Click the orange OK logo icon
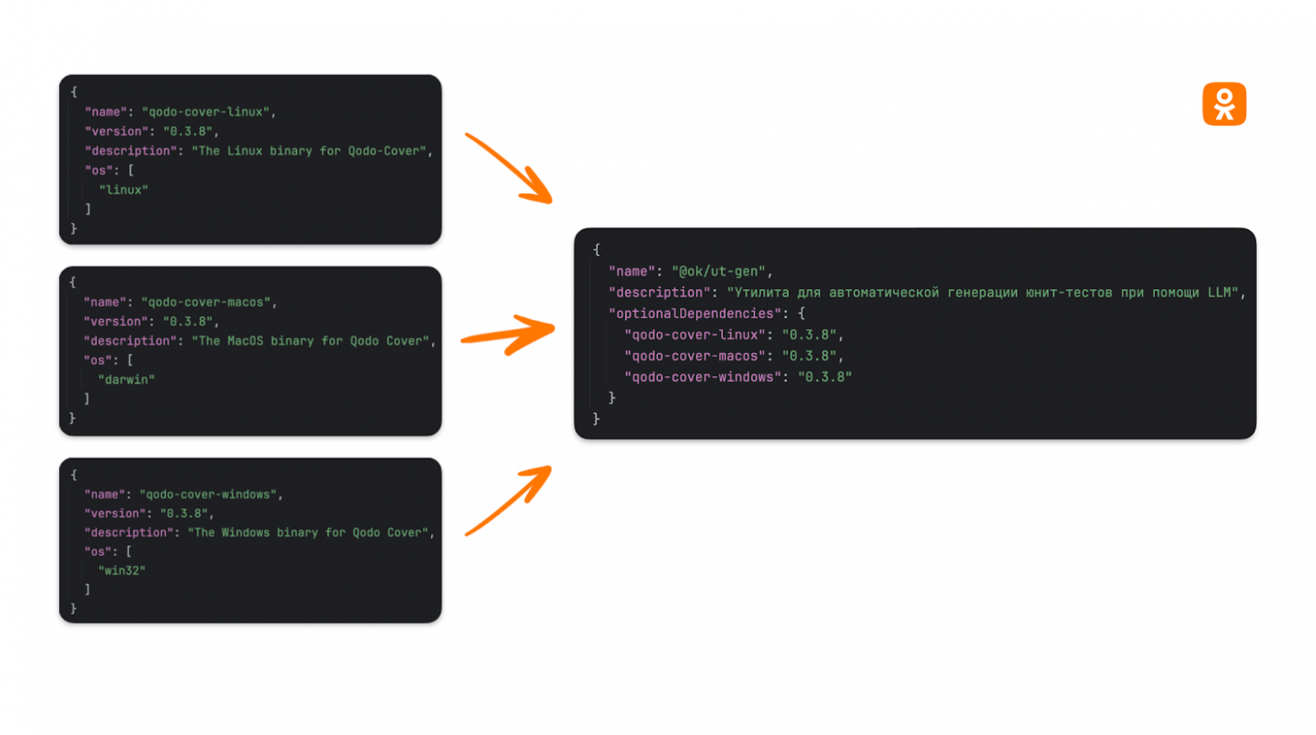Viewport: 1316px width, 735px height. pos(1224,105)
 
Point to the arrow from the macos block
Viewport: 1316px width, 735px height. pos(508,334)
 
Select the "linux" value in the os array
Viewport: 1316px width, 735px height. pos(124,190)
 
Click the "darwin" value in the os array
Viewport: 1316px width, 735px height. pos(127,379)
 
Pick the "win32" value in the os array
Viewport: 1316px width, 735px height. pos(122,571)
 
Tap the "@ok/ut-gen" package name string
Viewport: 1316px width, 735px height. pos(719,271)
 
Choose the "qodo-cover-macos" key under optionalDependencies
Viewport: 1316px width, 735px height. pos(695,356)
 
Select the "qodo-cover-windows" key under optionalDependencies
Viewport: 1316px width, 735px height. pos(703,377)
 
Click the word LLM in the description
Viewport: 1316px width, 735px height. pos(1219,292)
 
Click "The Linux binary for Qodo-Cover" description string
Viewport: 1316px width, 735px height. pos(310,151)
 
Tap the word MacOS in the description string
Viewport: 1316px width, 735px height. pos(245,341)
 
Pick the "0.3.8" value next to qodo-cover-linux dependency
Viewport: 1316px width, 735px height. pos(809,335)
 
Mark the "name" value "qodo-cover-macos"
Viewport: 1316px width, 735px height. pos(207,302)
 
